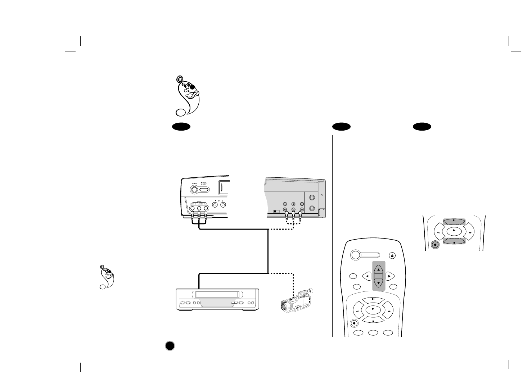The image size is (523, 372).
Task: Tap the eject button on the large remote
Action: (392, 255)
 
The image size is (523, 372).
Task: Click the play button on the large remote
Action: (373, 309)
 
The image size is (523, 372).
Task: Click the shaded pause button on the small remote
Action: (454, 221)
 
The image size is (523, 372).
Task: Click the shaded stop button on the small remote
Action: (454, 243)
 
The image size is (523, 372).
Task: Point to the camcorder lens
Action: (284, 307)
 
